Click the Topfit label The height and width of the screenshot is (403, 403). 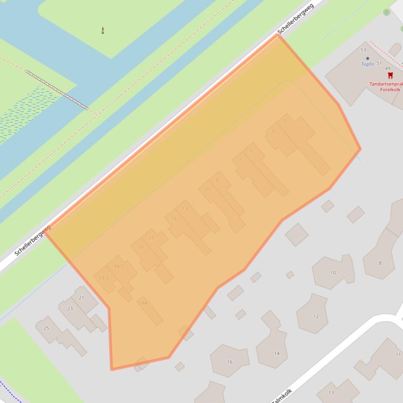click(x=367, y=64)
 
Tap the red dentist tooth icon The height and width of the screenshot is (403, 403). click(x=390, y=76)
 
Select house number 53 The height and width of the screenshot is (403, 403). click(x=363, y=50)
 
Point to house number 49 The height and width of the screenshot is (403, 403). click(x=387, y=69)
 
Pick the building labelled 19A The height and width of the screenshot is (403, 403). click(x=143, y=303)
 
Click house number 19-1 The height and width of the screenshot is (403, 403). click(x=119, y=266)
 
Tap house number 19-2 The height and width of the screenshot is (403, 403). click(x=104, y=278)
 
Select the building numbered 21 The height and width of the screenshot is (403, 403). click(x=81, y=298)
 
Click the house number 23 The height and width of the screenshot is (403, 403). click(x=70, y=309)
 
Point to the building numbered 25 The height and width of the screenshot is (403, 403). click(x=46, y=328)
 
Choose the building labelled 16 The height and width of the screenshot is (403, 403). click(x=230, y=362)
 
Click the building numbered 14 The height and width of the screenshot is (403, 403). click(x=277, y=353)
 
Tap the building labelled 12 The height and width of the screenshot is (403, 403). click(x=315, y=316)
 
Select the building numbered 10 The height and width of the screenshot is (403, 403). click(x=333, y=273)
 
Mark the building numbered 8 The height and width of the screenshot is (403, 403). click(x=380, y=263)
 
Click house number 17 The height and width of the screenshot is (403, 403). click(x=151, y=238)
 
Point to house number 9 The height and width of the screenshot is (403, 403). click(x=217, y=180)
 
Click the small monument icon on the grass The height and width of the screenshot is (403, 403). click(x=103, y=30)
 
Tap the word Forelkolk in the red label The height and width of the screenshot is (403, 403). click(x=390, y=89)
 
